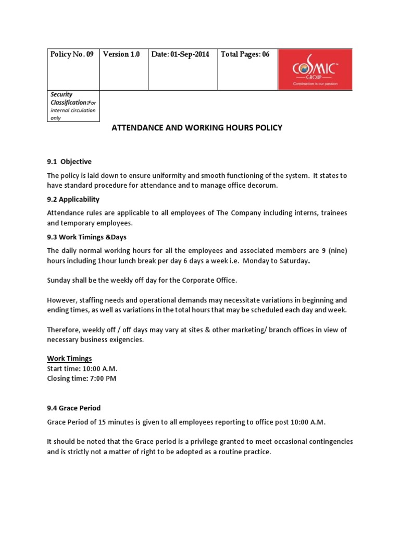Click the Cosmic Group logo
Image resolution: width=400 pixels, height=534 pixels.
coord(315,70)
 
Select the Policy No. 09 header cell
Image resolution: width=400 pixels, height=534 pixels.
coord(71,55)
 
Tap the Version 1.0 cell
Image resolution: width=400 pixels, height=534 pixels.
coord(121,55)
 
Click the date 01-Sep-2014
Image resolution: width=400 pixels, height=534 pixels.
coord(180,55)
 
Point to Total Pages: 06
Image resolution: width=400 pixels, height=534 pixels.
coord(245,55)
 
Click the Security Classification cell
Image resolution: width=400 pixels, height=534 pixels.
coord(73,106)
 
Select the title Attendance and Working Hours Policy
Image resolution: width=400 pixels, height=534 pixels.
coord(197,128)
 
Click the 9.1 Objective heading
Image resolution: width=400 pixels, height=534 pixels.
coord(69,162)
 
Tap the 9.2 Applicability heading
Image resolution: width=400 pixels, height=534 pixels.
coord(73,199)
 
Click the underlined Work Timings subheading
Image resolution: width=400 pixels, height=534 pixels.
coord(69,359)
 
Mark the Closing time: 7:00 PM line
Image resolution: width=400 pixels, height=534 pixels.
coord(82,379)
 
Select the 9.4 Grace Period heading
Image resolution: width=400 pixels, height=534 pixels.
coord(74,408)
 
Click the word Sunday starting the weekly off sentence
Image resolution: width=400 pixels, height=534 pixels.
coord(59,280)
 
